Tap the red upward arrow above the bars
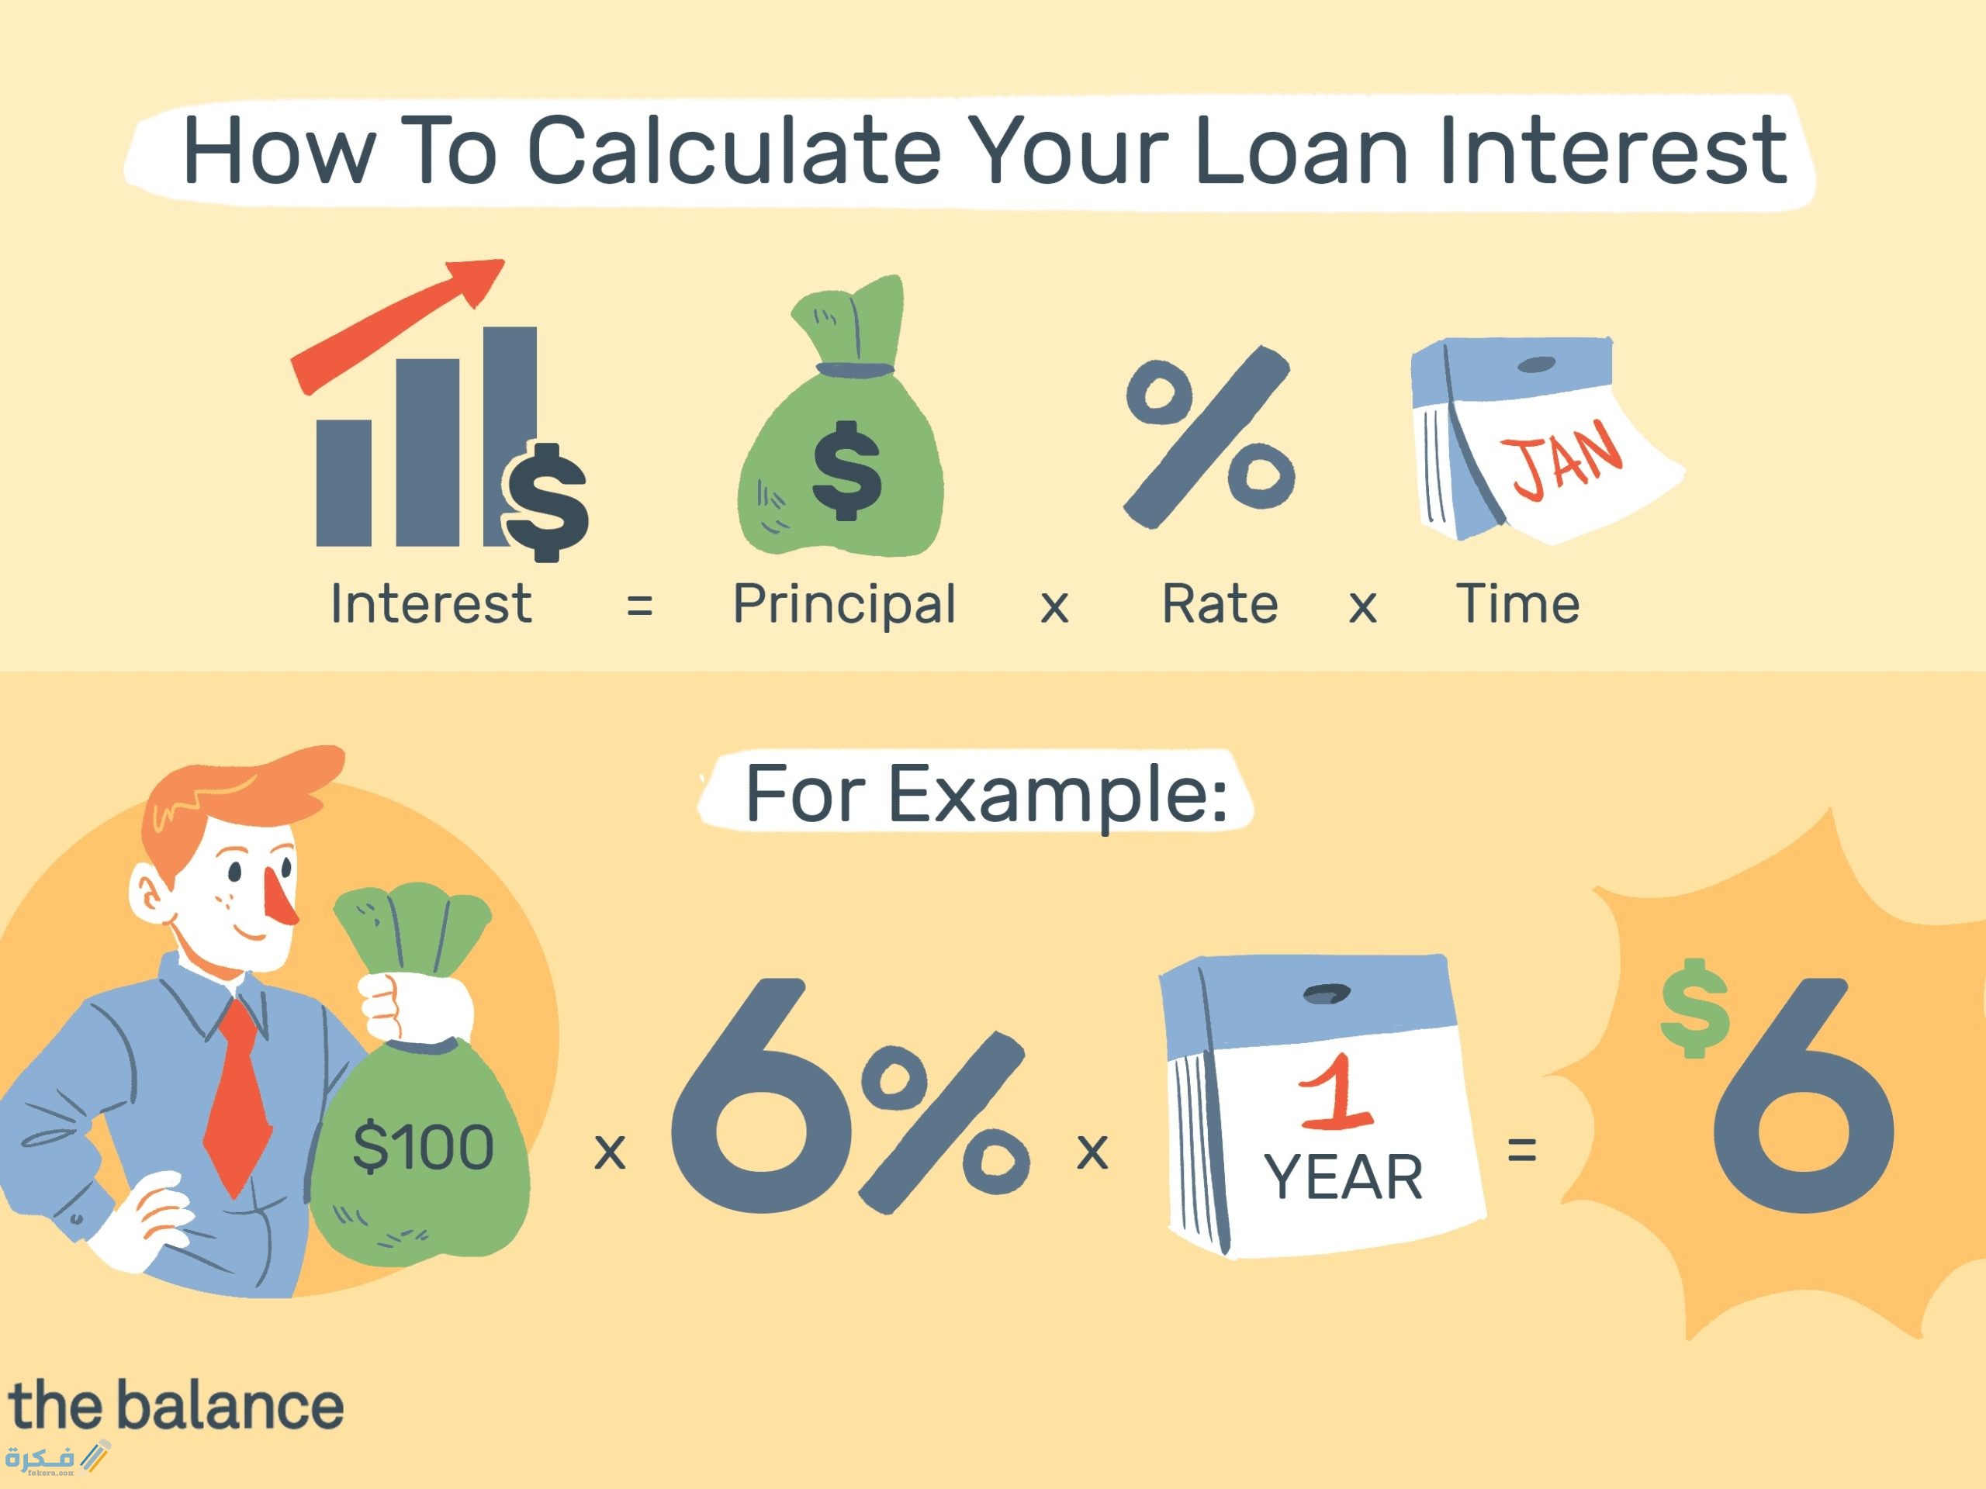click(x=398, y=326)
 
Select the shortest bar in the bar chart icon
click(x=344, y=483)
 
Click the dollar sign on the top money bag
click(x=846, y=470)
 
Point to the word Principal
click(x=845, y=604)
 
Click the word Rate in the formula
click(x=1220, y=603)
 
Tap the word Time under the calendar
click(x=1518, y=603)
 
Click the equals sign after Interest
click(x=639, y=606)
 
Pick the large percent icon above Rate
click(x=1209, y=437)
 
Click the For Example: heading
click(x=986, y=793)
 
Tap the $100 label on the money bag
click(x=423, y=1146)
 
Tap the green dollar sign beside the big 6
click(x=1695, y=1008)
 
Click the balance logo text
click(x=176, y=1405)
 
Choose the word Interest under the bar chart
click(x=431, y=603)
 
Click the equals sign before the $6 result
click(x=1522, y=1150)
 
